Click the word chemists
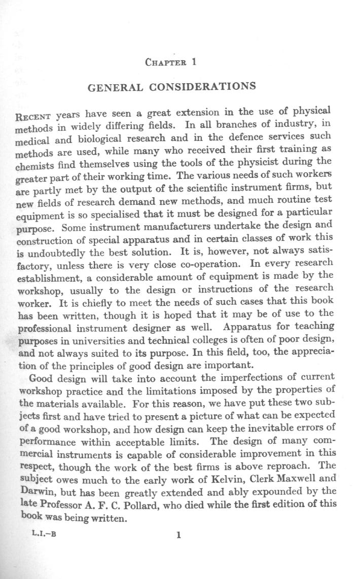point(39,167)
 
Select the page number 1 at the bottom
point(178,535)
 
